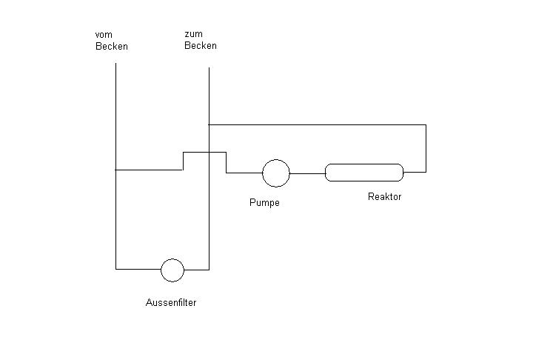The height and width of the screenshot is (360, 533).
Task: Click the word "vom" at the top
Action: coord(103,35)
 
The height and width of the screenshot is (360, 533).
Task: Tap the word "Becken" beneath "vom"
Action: coord(112,47)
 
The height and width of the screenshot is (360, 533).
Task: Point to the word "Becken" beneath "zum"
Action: coord(201,46)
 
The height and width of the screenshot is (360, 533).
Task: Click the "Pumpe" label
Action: coord(264,203)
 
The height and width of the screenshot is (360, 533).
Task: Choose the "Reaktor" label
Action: coord(384,197)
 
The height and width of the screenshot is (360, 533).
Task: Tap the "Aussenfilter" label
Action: coord(171,303)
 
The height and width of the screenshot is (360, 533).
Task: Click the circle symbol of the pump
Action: coord(276,173)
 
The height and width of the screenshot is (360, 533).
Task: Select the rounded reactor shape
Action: coord(364,173)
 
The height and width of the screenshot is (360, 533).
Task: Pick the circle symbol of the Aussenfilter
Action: coord(172,270)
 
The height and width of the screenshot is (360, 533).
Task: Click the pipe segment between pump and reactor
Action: coord(307,173)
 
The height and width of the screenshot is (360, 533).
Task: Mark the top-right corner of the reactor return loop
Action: coord(426,124)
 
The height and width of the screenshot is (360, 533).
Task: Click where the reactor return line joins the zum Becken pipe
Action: coord(209,124)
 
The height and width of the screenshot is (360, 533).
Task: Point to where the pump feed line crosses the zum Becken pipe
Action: coord(209,152)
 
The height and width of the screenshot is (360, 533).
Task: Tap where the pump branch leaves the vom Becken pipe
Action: coord(116,170)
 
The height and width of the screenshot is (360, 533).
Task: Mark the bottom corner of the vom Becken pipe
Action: coord(116,270)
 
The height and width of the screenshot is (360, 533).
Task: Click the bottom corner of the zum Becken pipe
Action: coord(209,270)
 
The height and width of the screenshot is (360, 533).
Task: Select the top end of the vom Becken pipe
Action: coord(116,64)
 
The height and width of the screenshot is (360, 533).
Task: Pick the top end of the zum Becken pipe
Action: coord(209,69)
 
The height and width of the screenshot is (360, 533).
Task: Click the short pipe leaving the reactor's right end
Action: coord(415,172)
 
